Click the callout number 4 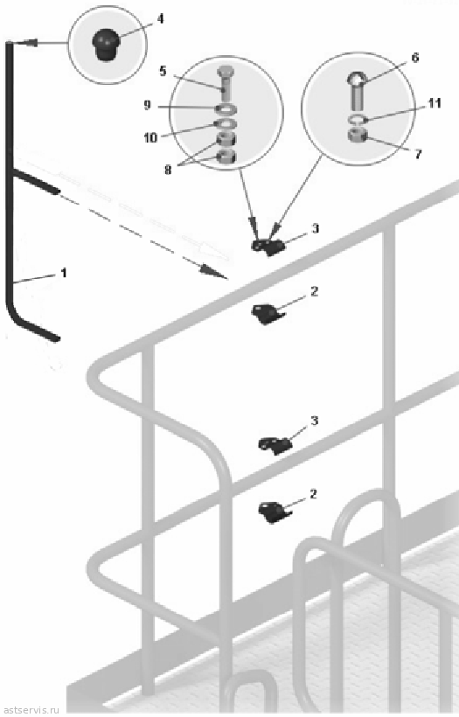coord(160,18)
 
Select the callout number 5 coord(163,72)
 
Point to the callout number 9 coord(147,105)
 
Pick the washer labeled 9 coord(225,109)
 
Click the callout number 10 coord(150,137)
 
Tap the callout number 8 coord(168,171)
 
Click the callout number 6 coord(414,58)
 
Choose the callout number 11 coord(434,103)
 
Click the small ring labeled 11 coord(357,121)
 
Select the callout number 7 coord(418,155)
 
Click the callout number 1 coord(64,273)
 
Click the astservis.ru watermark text coord(31,710)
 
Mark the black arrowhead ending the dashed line coord(214,272)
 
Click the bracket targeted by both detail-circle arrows coord(268,247)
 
